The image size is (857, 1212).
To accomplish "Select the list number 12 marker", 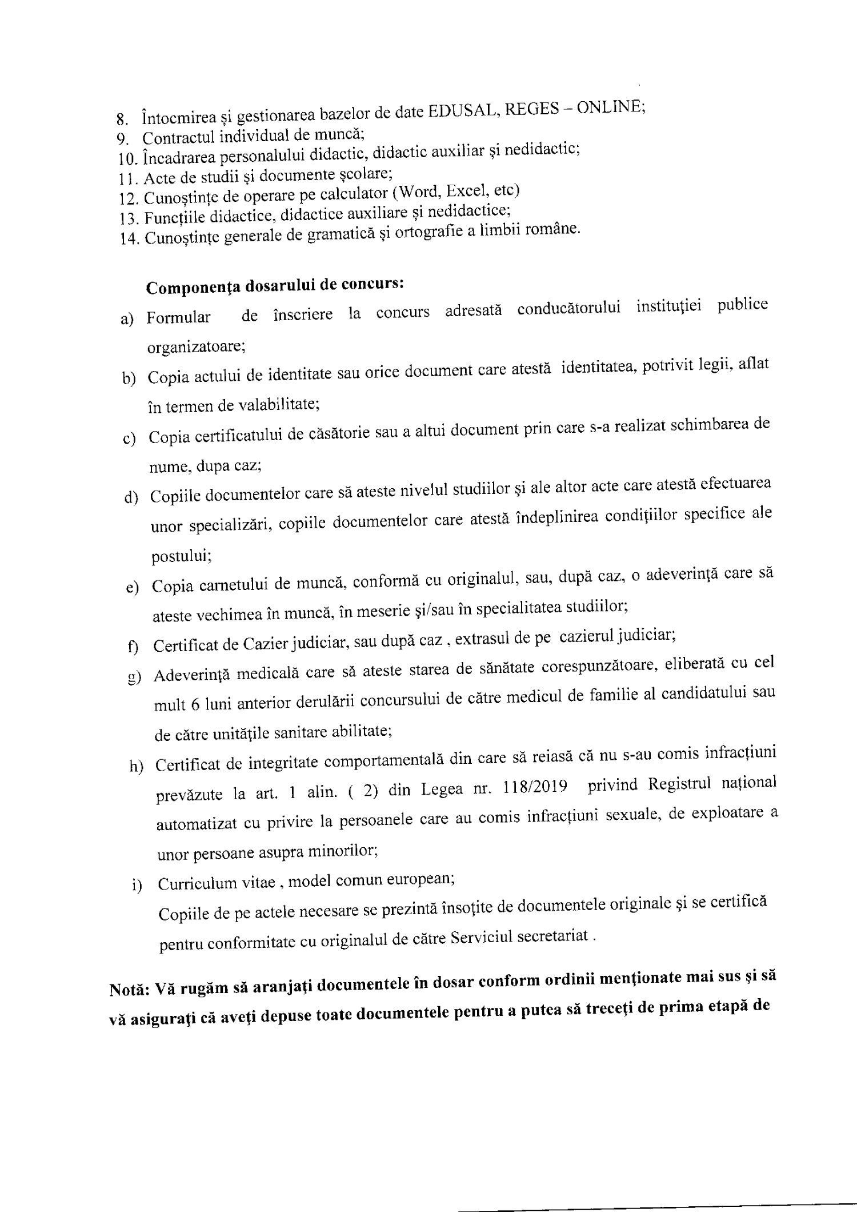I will [129, 200].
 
